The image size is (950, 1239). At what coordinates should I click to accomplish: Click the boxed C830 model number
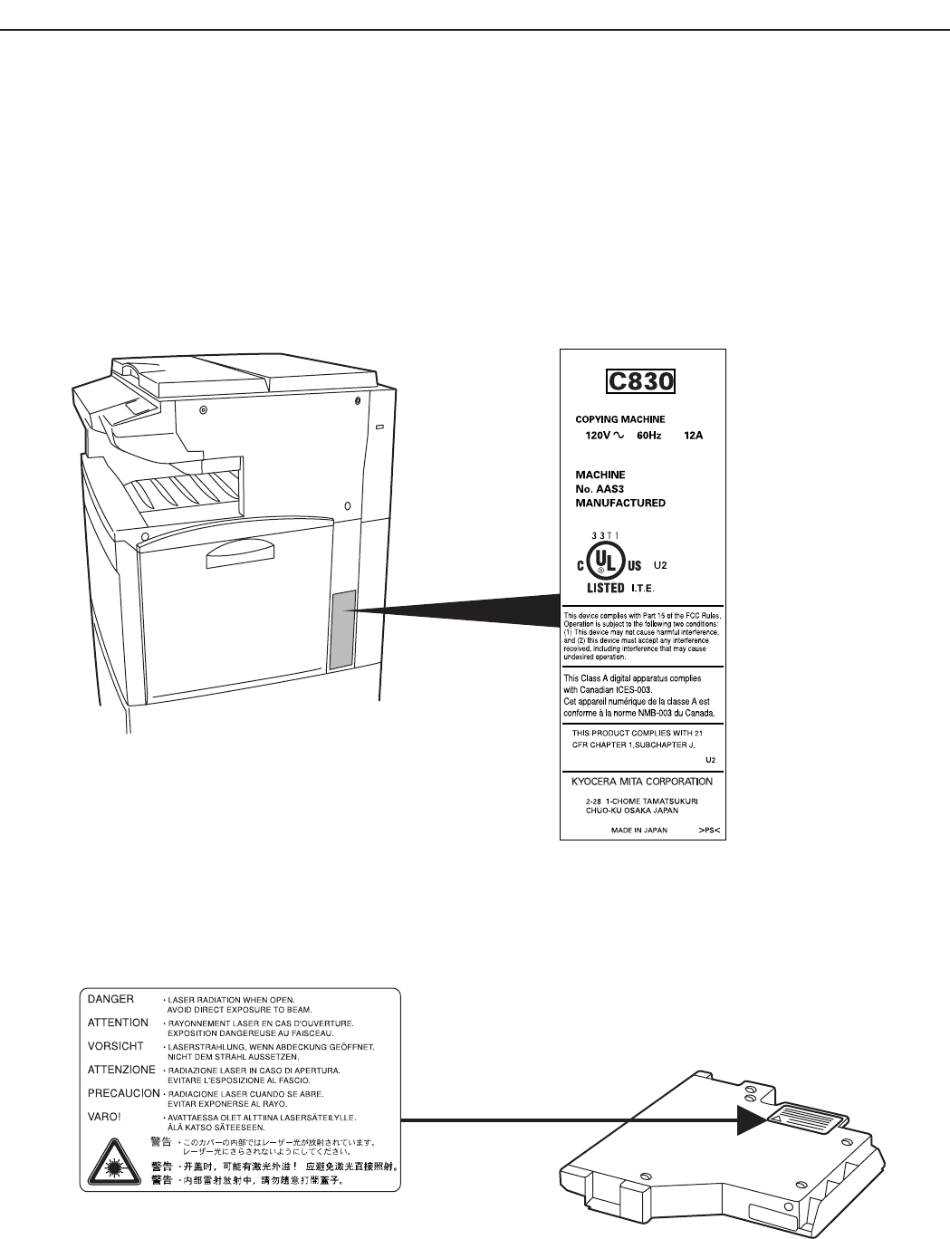coord(640,380)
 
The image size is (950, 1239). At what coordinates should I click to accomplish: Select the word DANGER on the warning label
coord(110,999)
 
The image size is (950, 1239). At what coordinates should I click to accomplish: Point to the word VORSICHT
coord(115,1046)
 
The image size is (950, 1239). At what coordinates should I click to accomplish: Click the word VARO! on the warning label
coord(104,1117)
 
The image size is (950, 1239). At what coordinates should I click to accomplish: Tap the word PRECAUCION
coord(123,1093)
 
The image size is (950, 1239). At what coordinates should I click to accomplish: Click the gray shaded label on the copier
coord(341,630)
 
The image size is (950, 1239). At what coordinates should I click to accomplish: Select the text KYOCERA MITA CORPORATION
coord(642,782)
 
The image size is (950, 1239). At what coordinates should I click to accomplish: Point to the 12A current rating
coord(694,436)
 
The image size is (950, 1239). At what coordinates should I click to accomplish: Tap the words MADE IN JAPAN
coord(639,829)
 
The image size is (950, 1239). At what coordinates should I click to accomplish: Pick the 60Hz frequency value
coord(648,436)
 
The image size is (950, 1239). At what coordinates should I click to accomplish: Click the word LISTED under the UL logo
coord(600,588)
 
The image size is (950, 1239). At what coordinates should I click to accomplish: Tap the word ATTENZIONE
coord(122,1070)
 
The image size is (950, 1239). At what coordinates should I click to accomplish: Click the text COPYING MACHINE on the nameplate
coord(620,419)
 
